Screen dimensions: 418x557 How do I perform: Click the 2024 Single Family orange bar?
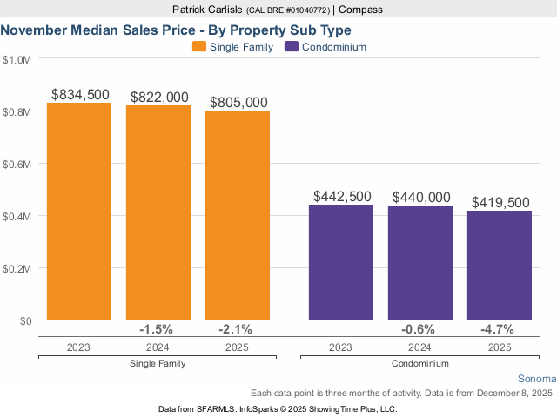158,212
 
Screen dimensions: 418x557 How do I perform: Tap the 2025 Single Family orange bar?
238,215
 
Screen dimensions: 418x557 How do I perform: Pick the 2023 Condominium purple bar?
341,262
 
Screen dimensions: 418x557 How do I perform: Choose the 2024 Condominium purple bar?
420,263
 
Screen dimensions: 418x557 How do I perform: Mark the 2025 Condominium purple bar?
500,266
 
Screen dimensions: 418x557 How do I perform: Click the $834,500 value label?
79,94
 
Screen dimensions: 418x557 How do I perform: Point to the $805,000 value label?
238,102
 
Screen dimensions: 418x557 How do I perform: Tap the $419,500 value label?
500,202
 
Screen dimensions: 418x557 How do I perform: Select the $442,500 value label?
341,197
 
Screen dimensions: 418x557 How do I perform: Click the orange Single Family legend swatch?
198,47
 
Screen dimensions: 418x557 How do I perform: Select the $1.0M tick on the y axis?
17,59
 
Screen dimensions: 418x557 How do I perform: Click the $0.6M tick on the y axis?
17,164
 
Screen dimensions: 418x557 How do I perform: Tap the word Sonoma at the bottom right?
536,379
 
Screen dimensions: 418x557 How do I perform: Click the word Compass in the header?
360,10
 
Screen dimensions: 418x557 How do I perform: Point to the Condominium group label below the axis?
420,363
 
